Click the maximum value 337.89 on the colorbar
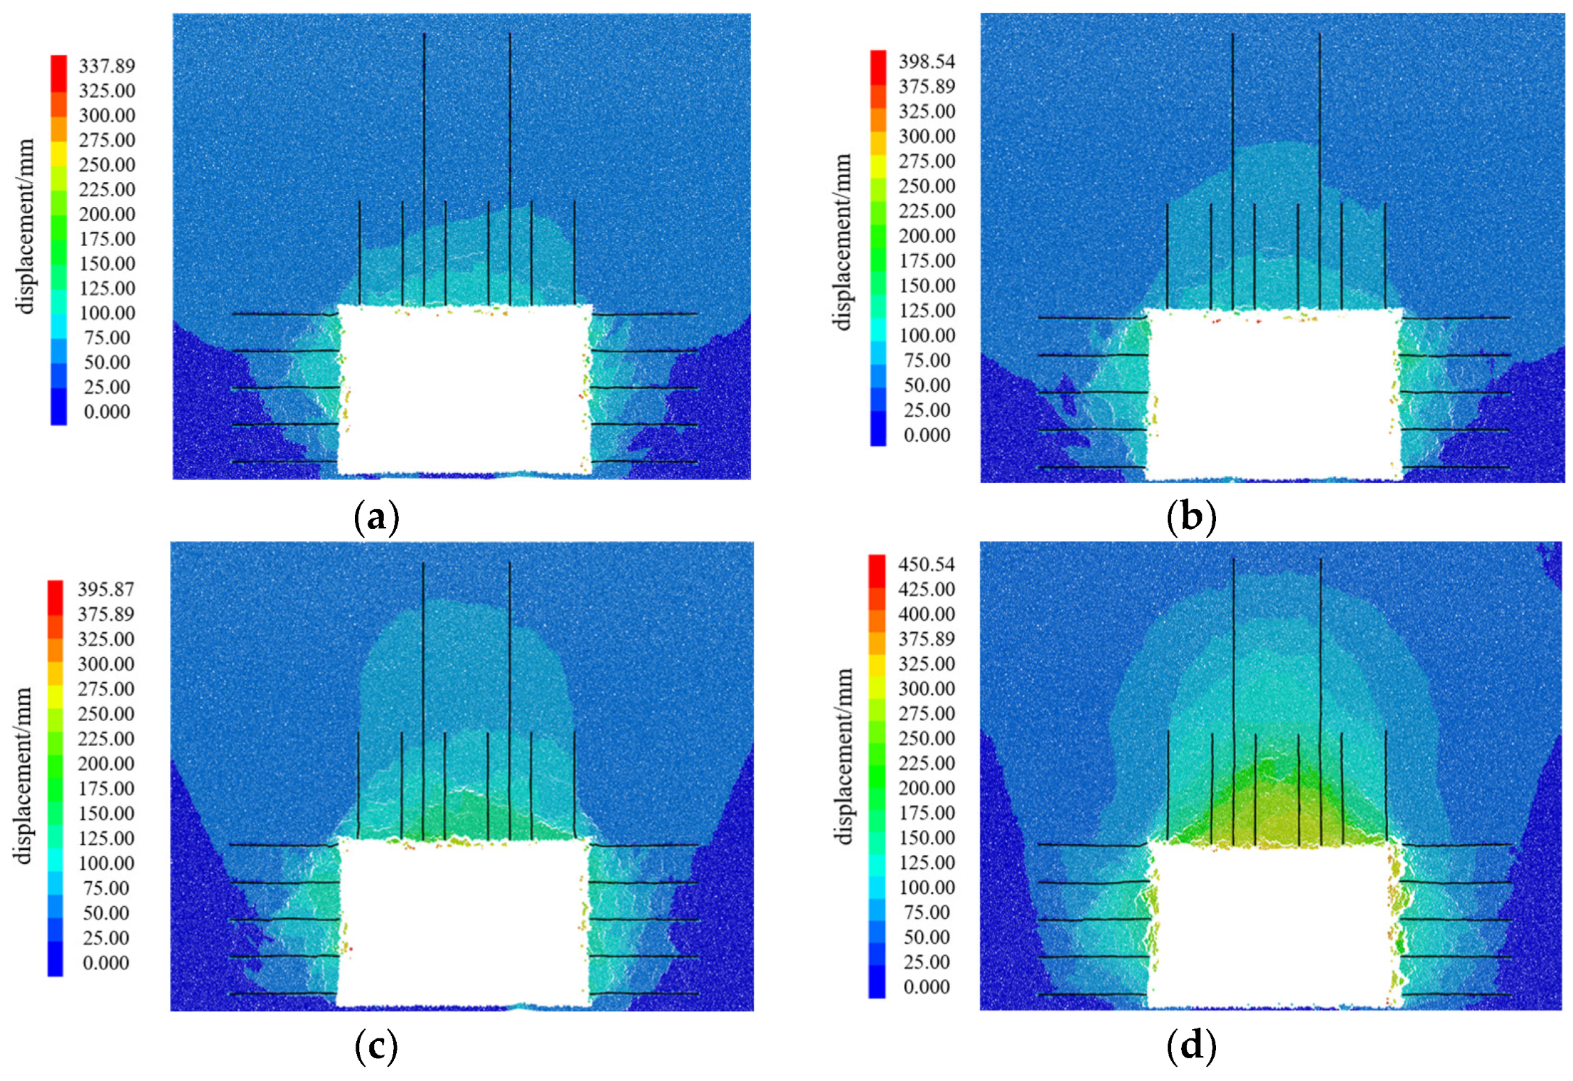click(107, 66)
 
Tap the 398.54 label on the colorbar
click(927, 62)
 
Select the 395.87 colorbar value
click(106, 590)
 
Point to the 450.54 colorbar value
click(927, 565)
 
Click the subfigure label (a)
click(376, 517)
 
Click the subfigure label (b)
click(1191, 517)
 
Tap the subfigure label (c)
click(376, 1046)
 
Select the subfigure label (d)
click(1191, 1046)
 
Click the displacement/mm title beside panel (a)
click(26, 226)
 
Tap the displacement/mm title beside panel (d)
click(844, 756)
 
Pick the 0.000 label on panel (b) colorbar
click(927, 435)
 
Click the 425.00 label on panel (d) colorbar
click(927, 590)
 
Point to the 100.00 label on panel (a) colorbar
click(107, 313)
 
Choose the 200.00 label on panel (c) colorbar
click(106, 764)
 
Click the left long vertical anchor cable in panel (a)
click(425, 142)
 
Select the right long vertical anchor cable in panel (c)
click(509, 676)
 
